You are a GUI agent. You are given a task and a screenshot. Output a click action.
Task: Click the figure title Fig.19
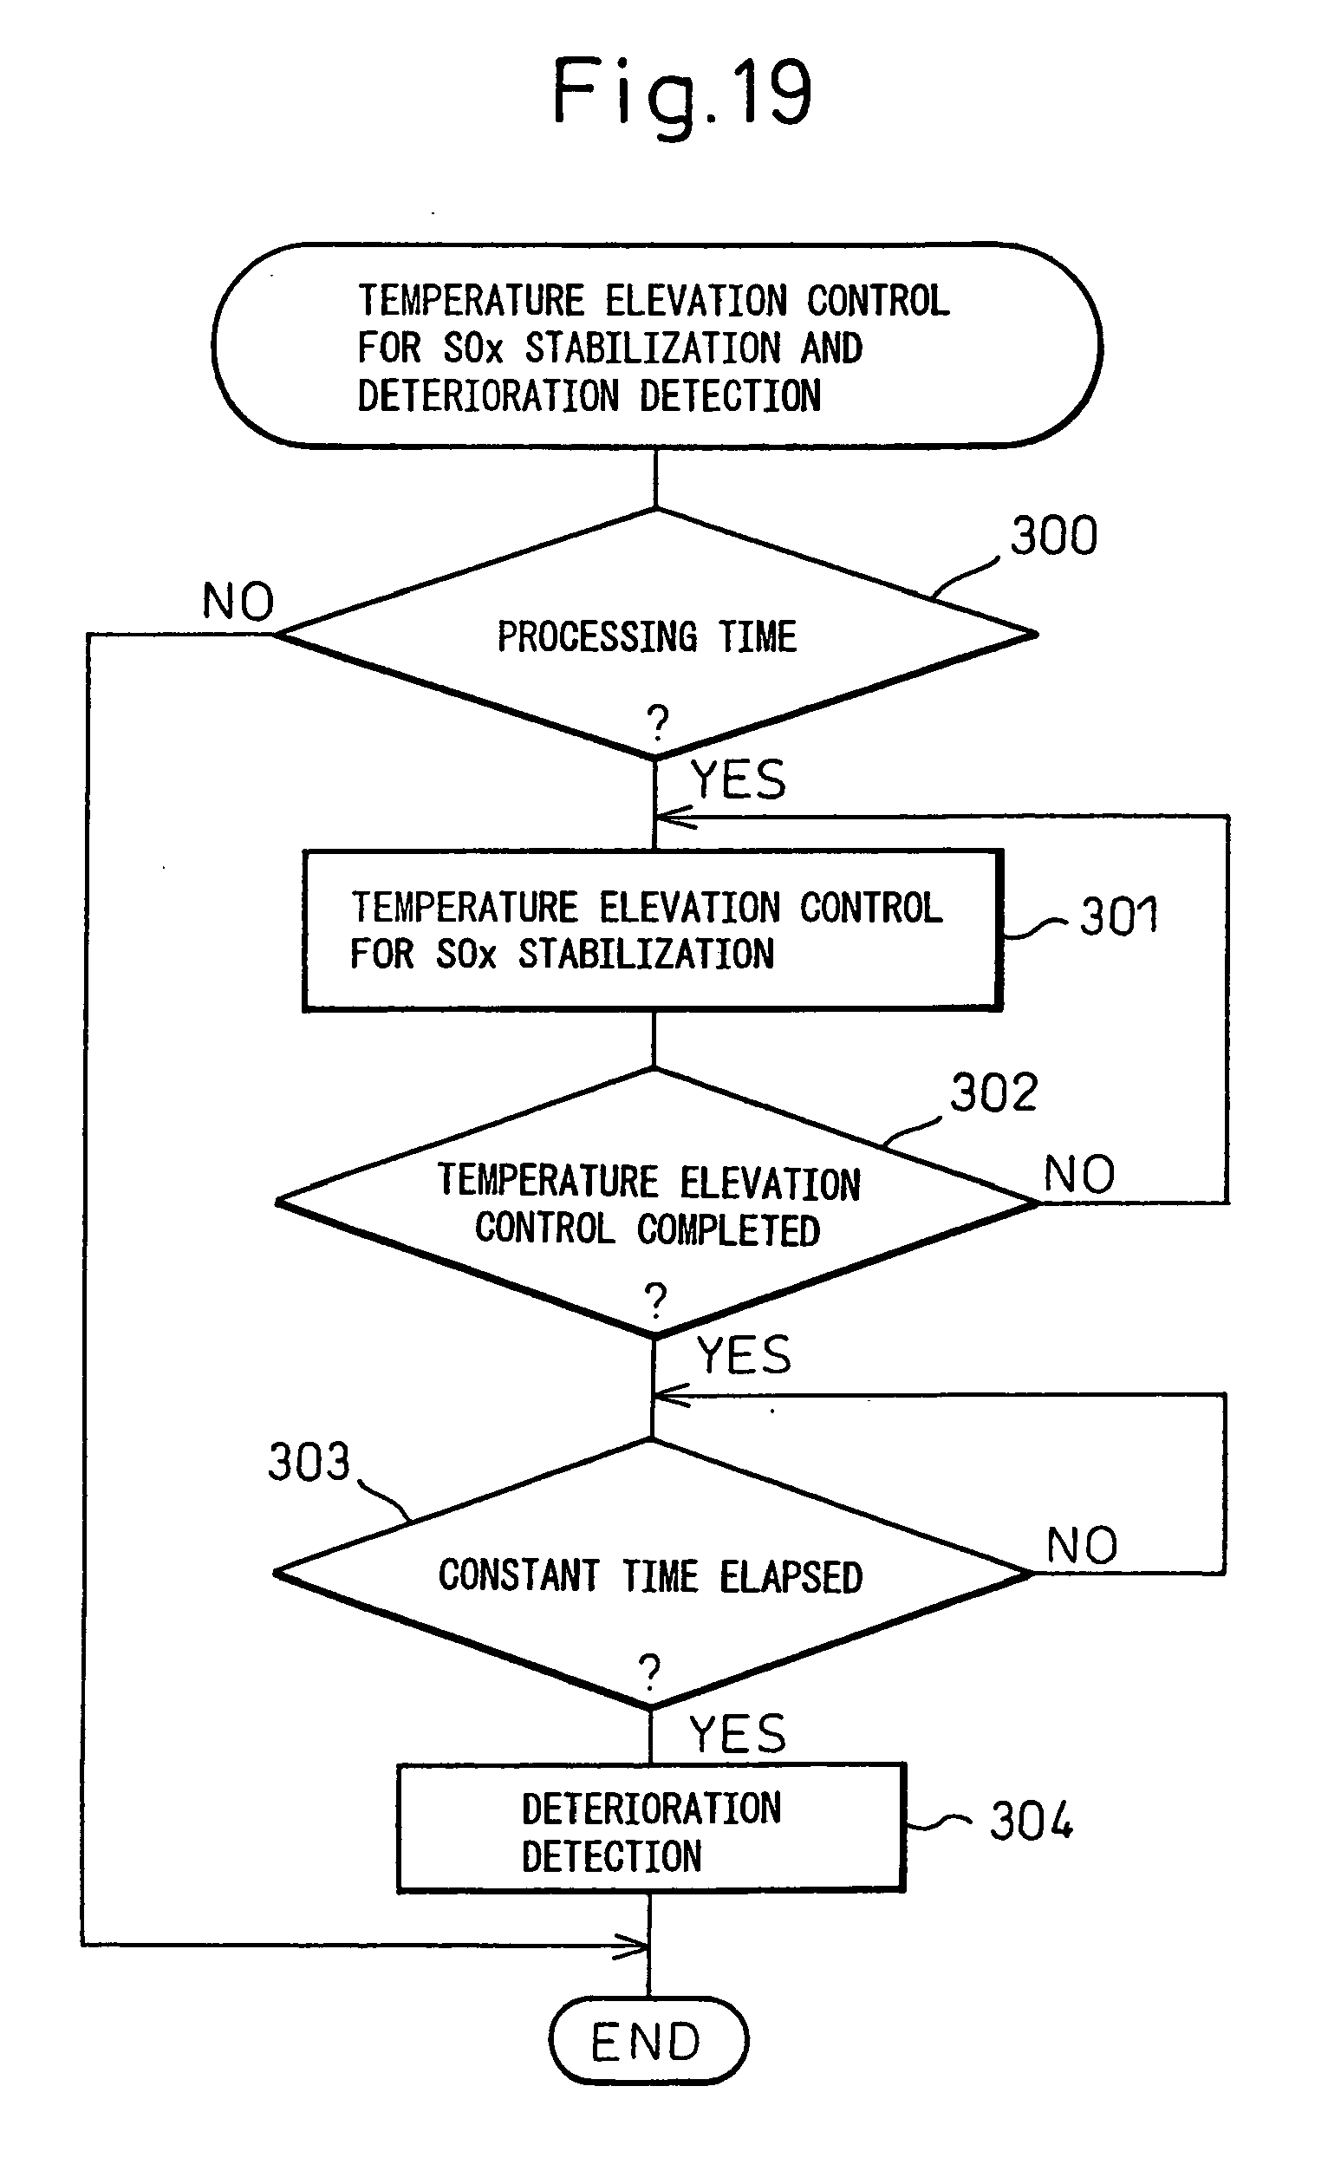tap(681, 92)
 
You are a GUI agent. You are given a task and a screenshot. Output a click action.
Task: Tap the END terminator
tap(648, 2041)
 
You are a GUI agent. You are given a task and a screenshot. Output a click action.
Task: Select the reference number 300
tap(1054, 537)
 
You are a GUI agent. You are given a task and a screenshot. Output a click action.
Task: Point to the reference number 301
tap(1118, 916)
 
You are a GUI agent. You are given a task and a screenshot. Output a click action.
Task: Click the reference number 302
tap(993, 1092)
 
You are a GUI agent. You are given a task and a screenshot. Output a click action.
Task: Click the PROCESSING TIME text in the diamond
tap(647, 636)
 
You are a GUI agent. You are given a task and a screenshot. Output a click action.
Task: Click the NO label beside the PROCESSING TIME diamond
tap(238, 603)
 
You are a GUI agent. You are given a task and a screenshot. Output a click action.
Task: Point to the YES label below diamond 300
tap(738, 780)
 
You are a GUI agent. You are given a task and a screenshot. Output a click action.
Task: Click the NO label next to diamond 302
tap(1078, 1175)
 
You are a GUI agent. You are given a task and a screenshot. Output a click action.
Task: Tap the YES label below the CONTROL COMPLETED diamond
tap(743, 1355)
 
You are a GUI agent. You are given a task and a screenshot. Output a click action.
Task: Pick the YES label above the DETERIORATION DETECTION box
tap(738, 1734)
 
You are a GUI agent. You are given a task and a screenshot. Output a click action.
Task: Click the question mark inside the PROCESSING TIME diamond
tap(657, 723)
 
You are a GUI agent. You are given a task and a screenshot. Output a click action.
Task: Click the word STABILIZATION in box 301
tap(646, 955)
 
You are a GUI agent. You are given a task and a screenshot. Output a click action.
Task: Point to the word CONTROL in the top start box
tap(877, 301)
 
